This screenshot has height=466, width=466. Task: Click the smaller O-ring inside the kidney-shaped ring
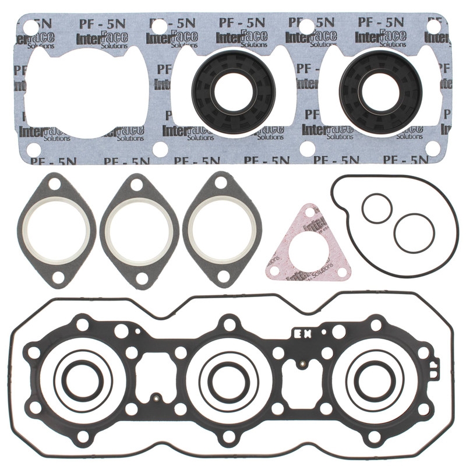(376, 208)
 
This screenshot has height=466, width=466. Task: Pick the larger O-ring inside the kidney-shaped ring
(414, 233)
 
